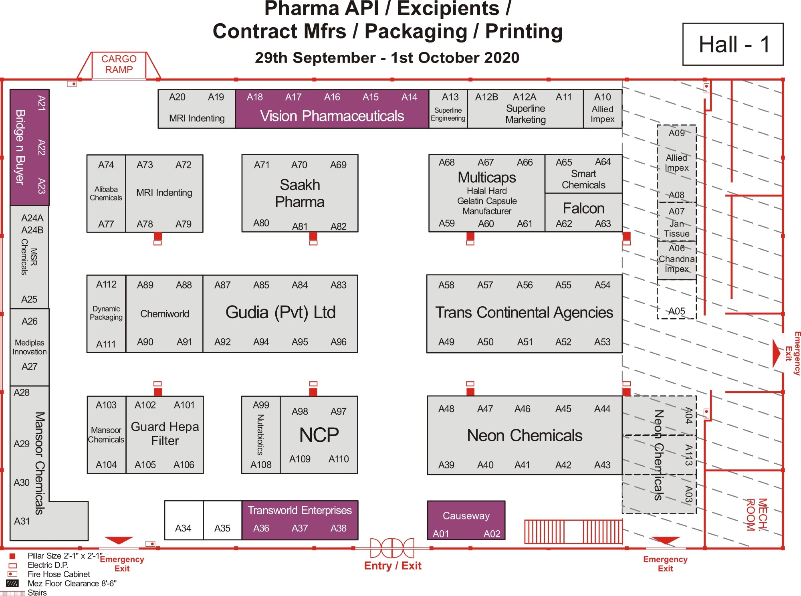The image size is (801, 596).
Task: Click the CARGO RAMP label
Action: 119,64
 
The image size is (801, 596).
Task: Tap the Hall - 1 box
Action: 733,44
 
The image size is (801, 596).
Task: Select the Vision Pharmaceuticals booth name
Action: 332,116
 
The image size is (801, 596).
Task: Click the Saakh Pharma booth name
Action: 300,193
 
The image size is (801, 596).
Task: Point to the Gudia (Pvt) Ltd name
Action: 280,313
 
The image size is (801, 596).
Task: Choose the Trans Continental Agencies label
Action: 524,313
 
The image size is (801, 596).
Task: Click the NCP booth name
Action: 319,435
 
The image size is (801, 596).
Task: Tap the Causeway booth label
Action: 466,516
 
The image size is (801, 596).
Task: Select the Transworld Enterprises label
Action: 299,510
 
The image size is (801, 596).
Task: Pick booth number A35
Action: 222,528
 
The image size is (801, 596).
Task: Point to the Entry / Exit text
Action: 393,566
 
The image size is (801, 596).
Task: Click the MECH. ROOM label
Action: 757,515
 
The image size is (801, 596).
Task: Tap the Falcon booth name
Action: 583,208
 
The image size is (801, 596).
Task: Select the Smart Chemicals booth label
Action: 583,179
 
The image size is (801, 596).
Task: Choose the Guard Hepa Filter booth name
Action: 165,434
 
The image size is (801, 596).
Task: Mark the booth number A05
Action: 676,311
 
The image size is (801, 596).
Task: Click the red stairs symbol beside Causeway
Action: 573,531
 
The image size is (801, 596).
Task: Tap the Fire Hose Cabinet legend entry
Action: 59,574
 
